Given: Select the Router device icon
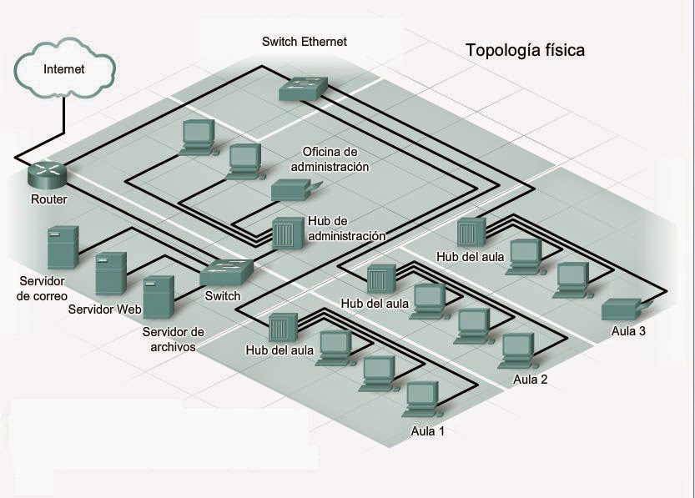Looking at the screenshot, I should pyautogui.click(x=47, y=174).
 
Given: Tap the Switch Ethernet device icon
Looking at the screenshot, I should pyautogui.click(x=303, y=86).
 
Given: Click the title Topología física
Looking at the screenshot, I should pyautogui.click(x=525, y=50).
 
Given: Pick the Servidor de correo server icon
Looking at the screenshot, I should pyautogui.click(x=63, y=245).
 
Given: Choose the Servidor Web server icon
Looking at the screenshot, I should pyautogui.click(x=110, y=274).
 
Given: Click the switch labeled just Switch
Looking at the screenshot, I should pyautogui.click(x=226, y=272).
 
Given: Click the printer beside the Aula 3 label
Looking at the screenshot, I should pyautogui.click(x=622, y=309).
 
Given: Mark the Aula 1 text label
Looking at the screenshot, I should pyautogui.click(x=428, y=431).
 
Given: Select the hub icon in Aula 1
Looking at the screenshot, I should pyautogui.click(x=281, y=330).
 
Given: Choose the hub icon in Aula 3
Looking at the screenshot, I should pyautogui.click(x=470, y=233).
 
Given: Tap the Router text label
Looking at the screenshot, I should pyautogui.click(x=48, y=199).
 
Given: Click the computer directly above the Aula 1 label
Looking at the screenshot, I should pyautogui.click(x=422, y=399).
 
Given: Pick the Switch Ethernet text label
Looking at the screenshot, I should pyautogui.click(x=304, y=41).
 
